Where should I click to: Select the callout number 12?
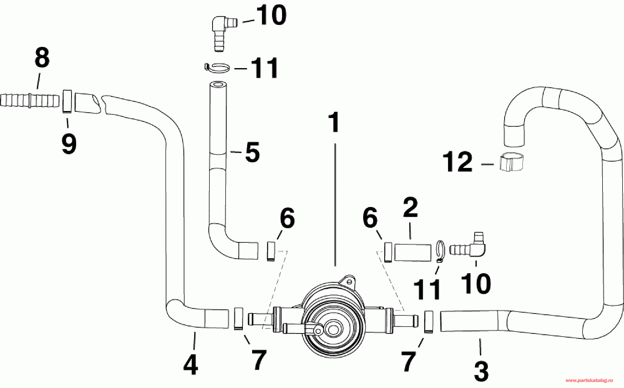pos(458,162)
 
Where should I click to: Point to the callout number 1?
pos(334,123)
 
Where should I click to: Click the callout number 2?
pos(410,208)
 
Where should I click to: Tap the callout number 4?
pos(191,365)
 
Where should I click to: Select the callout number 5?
pos(252,152)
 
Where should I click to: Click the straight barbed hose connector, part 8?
pos(29,100)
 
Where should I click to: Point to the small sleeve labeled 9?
pos(67,101)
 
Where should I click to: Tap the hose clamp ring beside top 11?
pos(217,68)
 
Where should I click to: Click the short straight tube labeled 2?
pos(413,253)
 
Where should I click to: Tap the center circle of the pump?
pos(333,330)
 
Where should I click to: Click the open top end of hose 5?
pos(217,85)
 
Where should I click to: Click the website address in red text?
pos(589,381)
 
